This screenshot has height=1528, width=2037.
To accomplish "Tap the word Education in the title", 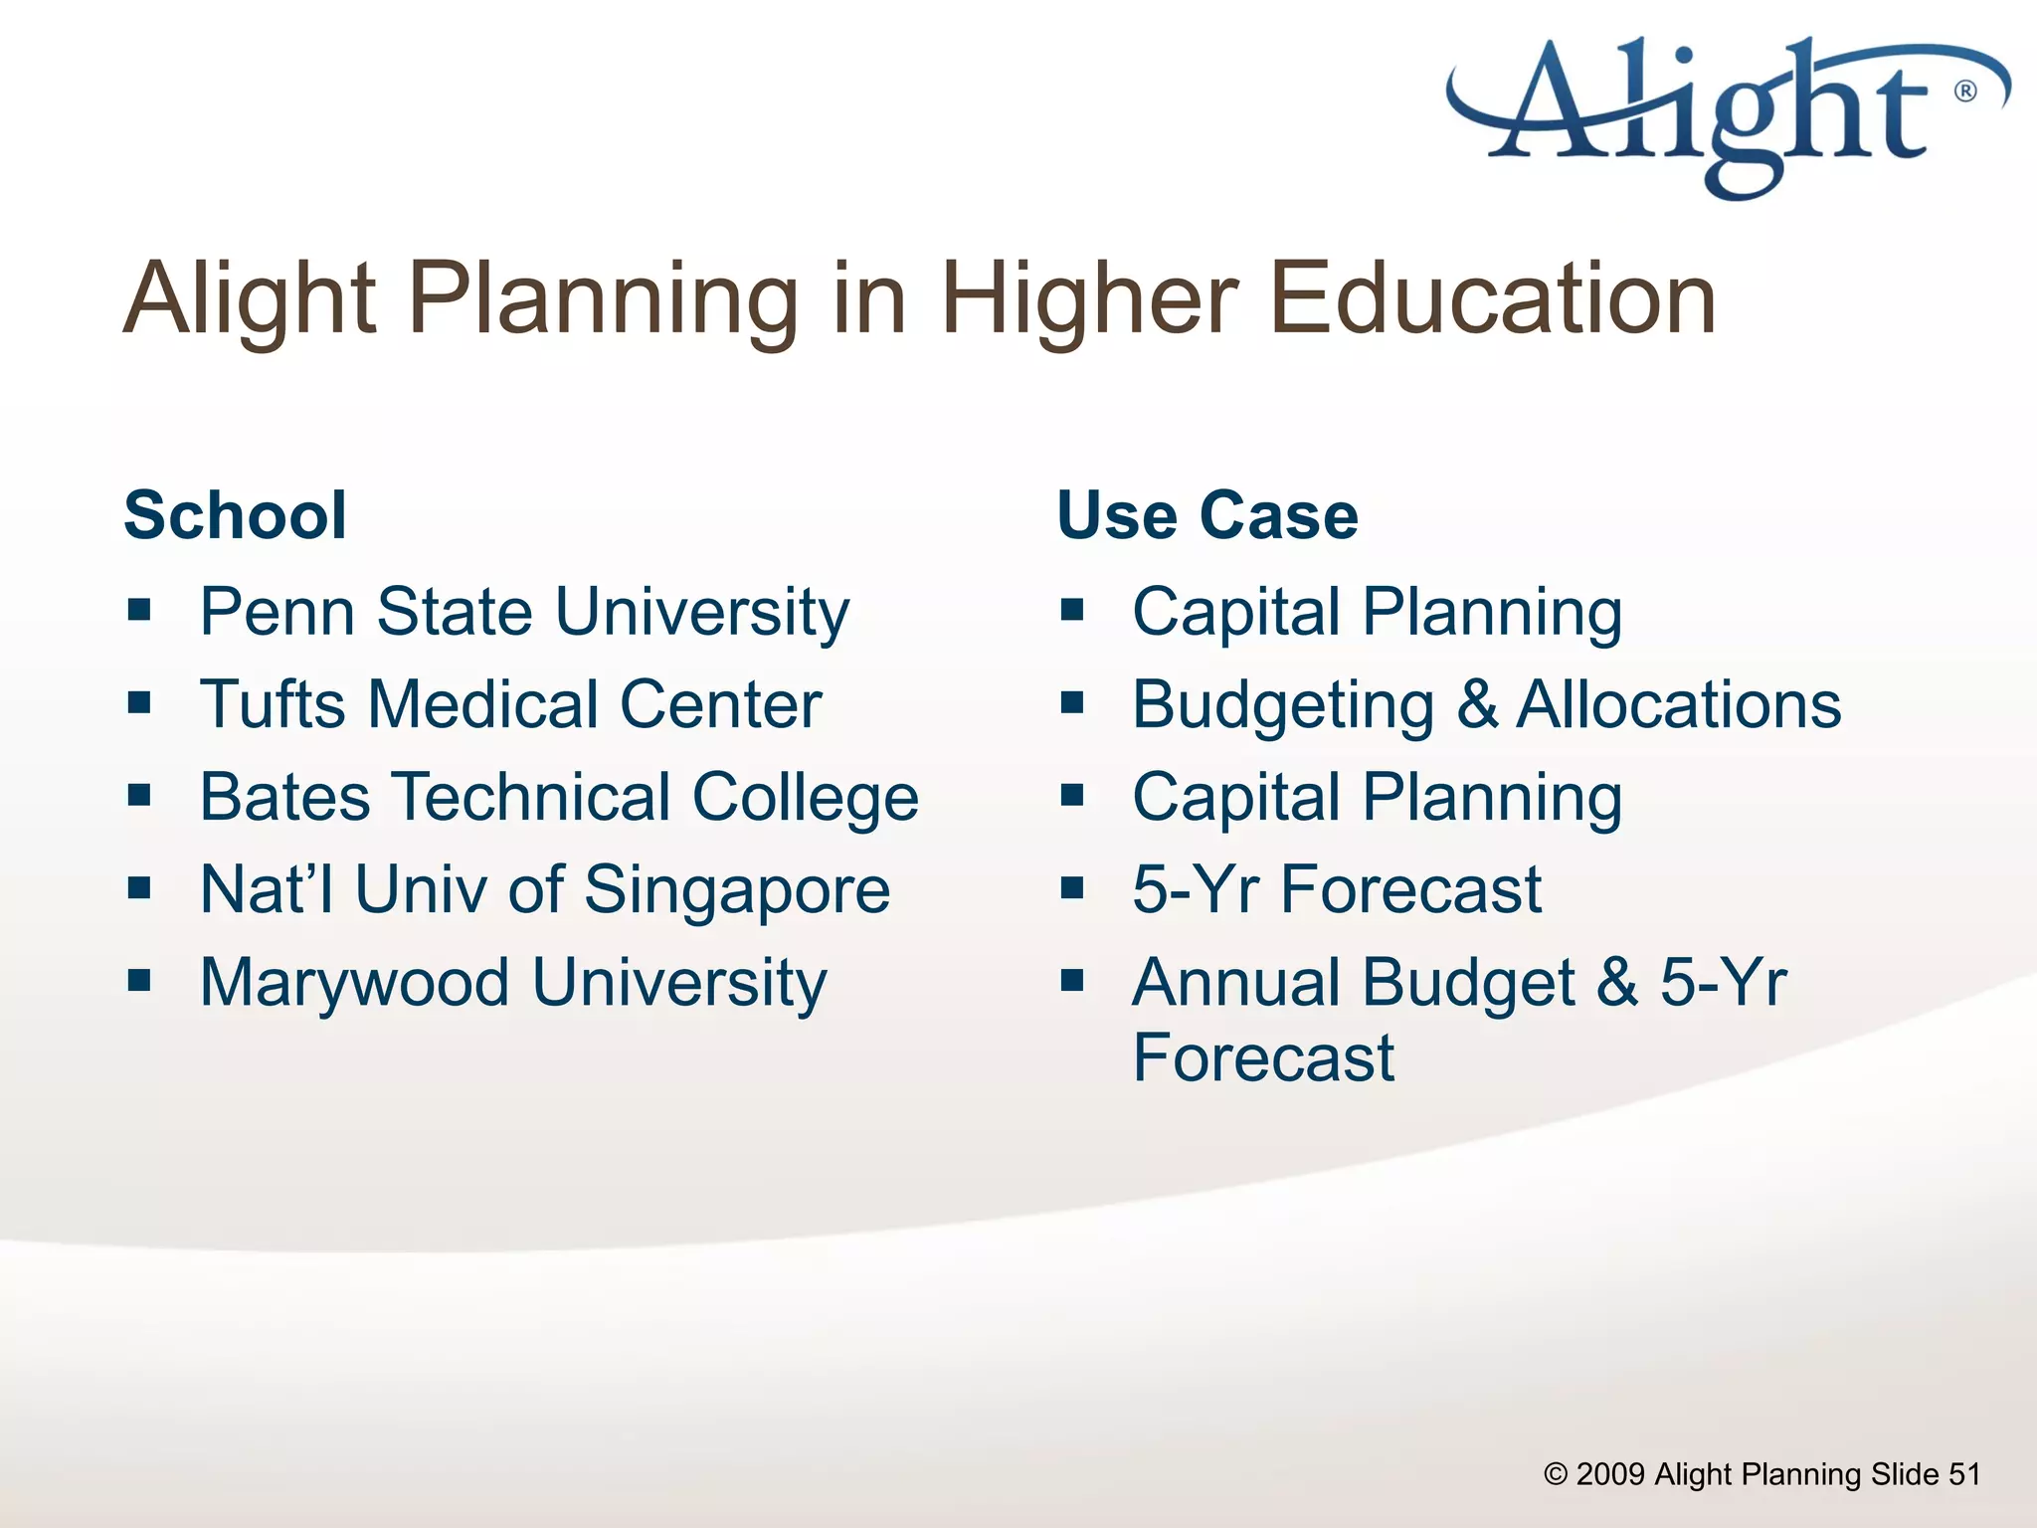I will pos(1492,298).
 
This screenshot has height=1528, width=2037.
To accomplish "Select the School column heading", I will pos(235,515).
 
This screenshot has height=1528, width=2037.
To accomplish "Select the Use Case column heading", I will pos(1206,515).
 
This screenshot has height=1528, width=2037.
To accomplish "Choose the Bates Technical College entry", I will pos(558,798).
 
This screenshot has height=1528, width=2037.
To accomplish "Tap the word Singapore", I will pos(736,890).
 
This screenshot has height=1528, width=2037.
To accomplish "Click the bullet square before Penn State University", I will pos(139,609).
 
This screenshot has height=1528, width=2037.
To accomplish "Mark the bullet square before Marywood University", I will pos(139,981).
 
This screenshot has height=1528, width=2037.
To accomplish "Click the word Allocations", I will pos(1678,704).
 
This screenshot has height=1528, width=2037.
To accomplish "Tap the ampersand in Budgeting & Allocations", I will pos(1477,704).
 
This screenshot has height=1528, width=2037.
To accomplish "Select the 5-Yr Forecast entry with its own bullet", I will pos(1336,889).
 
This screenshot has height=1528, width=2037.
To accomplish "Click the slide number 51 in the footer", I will pos(1963,1473).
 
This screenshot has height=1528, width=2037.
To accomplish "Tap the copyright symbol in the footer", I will pos(1555,1474).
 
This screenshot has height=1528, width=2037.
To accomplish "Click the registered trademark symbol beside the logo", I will pos(1965,92).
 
